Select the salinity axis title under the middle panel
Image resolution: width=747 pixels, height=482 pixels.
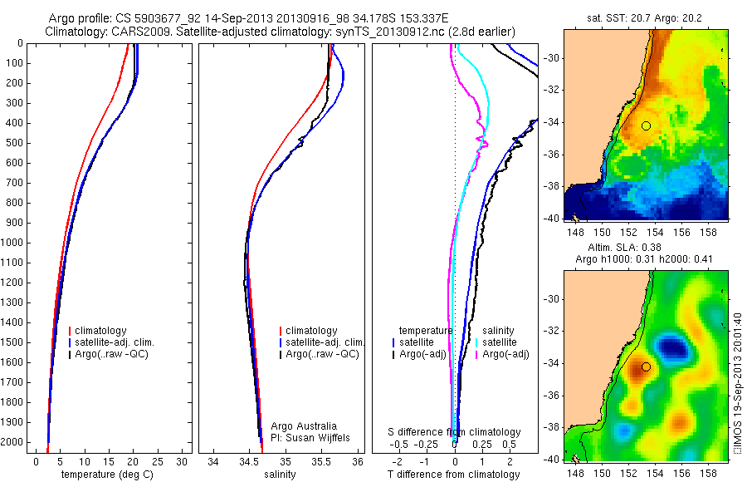point(279,475)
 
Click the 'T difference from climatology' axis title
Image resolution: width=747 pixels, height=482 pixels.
point(453,475)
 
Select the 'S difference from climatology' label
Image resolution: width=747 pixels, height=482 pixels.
point(455,432)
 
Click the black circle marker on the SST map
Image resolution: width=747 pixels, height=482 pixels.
point(646,125)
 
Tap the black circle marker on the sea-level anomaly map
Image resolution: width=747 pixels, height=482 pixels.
point(646,366)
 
